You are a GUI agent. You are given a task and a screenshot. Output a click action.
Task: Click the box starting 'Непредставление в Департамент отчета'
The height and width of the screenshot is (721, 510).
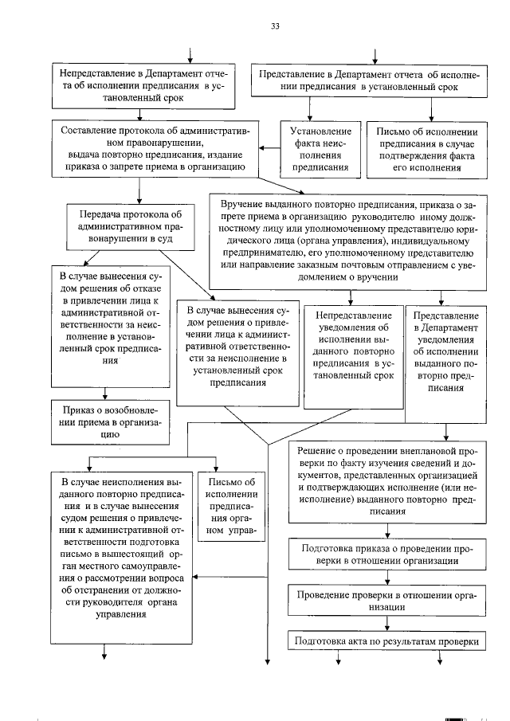pos(144,86)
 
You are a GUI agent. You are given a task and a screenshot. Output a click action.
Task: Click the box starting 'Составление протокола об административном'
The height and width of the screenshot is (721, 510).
pos(148,149)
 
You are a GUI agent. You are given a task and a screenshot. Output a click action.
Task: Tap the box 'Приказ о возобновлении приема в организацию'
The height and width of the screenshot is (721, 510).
pos(110,421)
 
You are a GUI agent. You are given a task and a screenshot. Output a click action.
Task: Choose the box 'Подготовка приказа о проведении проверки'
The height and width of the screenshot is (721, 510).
pos(389,554)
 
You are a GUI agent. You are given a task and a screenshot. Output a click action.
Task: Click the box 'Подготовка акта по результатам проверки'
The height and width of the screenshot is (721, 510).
pos(389,641)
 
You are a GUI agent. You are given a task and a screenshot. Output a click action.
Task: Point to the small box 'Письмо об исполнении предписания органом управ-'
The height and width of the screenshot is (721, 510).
pos(231,507)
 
